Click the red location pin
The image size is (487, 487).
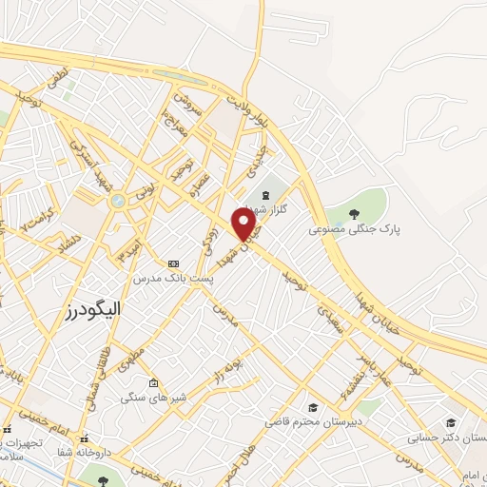(x=244, y=224)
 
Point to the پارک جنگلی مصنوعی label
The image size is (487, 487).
(x=353, y=230)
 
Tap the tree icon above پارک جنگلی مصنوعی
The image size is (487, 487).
(x=354, y=215)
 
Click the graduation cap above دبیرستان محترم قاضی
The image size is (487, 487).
(x=313, y=406)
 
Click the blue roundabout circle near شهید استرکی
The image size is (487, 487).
(x=117, y=201)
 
